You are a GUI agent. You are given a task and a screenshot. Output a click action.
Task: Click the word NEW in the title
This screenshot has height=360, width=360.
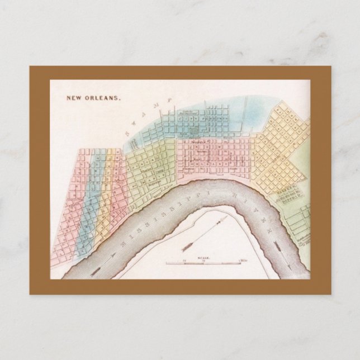pos(74,98)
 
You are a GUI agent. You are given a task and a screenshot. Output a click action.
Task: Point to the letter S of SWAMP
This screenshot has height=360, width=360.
pos(127,133)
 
